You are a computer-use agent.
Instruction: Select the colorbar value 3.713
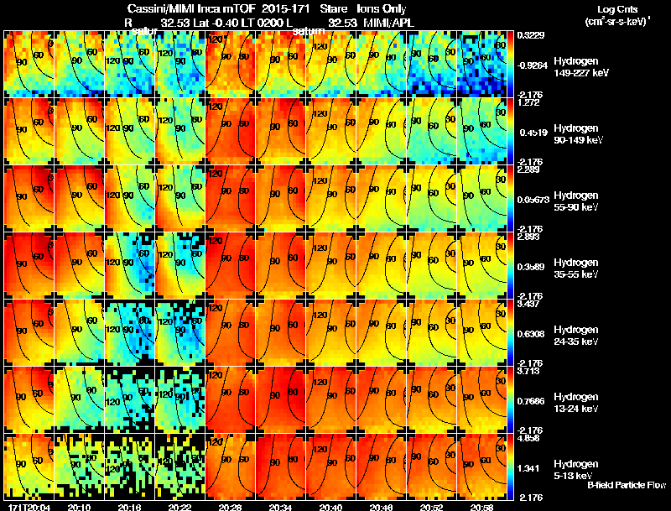coord(528,372)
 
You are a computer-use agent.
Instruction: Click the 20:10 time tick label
coord(79,507)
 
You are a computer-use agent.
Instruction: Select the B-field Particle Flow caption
coord(627,486)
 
